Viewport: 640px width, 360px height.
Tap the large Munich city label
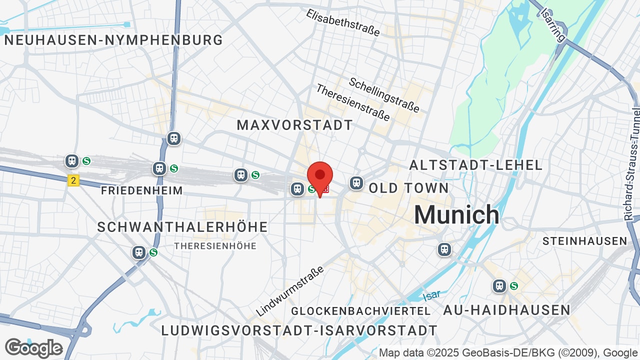(456, 215)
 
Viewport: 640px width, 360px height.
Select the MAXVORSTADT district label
(295, 125)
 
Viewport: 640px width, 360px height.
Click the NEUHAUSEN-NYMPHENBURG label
(113, 40)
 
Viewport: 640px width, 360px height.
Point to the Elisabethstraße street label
(343, 22)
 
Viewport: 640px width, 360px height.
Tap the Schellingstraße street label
(384, 94)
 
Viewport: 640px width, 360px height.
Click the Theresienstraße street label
(353, 102)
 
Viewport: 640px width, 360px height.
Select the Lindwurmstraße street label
(290, 291)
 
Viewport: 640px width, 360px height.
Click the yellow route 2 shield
(73, 180)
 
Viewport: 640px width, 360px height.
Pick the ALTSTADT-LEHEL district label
(475, 165)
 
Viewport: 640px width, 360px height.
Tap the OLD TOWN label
(409, 188)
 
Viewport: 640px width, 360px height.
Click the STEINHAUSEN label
(584, 241)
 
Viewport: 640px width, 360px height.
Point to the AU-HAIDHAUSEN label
(506, 310)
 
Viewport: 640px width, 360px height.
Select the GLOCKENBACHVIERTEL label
(360, 311)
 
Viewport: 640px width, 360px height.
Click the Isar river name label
(431, 296)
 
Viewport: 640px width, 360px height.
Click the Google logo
(33, 348)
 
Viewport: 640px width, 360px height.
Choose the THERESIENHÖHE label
(215, 246)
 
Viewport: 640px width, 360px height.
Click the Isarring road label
(553, 24)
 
